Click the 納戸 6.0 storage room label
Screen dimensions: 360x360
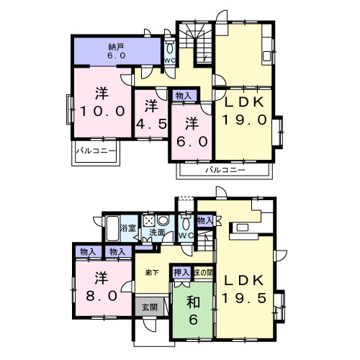[116, 51]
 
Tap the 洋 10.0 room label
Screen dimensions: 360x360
[102, 102]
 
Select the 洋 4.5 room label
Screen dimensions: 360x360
[151, 114]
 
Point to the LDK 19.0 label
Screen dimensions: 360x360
[244, 111]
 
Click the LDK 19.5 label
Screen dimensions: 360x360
[244, 289]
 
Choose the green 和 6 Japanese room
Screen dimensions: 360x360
[192, 310]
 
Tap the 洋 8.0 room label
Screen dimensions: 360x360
[102, 287]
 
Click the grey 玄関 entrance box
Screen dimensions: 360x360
[150, 307]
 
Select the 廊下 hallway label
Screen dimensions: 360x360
[152, 273]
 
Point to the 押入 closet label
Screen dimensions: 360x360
[181, 273]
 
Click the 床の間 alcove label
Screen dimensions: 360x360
[203, 273]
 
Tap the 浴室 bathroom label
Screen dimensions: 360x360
[128, 228]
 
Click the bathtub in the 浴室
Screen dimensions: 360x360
[112, 228]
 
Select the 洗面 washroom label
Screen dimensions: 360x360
[157, 233]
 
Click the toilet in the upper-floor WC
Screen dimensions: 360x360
[170, 48]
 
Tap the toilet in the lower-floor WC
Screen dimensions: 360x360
[186, 224]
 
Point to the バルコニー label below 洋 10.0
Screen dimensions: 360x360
[96, 151]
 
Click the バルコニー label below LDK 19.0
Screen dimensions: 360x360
[225, 170]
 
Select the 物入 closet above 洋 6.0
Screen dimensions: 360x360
[184, 96]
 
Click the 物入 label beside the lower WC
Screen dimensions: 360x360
[204, 220]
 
